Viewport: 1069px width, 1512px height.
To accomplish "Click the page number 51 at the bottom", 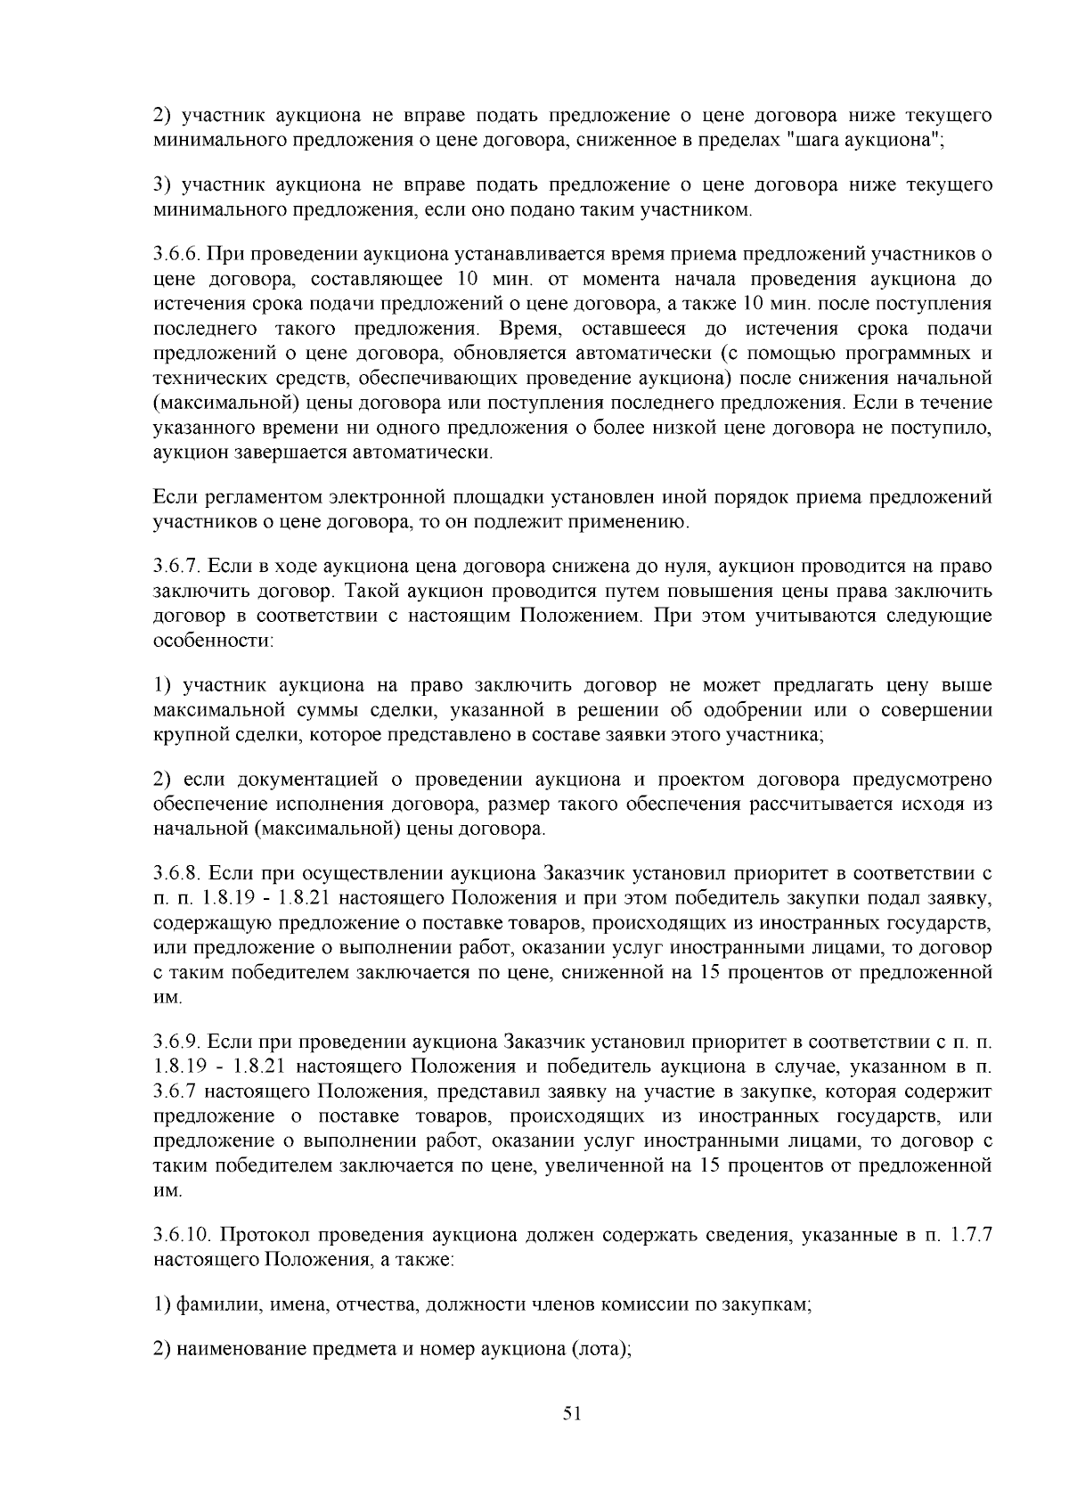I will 572,1412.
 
